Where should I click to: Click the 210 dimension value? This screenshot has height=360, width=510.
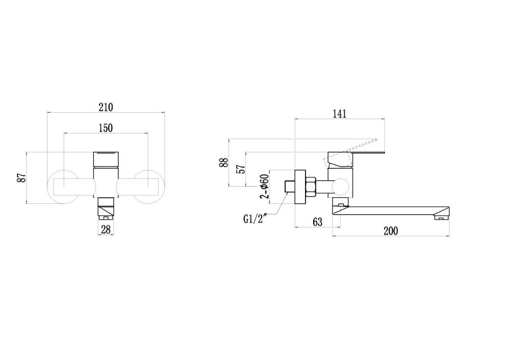click(106, 107)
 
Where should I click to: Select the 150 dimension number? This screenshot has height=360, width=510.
click(106, 128)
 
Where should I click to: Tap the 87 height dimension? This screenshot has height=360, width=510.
click(21, 178)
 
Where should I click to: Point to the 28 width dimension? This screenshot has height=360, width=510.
click(106, 229)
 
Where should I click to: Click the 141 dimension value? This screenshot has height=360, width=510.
click(340, 114)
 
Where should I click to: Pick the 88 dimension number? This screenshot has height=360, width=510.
click(224, 162)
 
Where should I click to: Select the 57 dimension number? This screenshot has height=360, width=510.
click(242, 169)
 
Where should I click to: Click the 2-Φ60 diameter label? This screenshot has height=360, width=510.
click(264, 187)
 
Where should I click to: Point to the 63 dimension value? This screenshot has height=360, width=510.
click(317, 222)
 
